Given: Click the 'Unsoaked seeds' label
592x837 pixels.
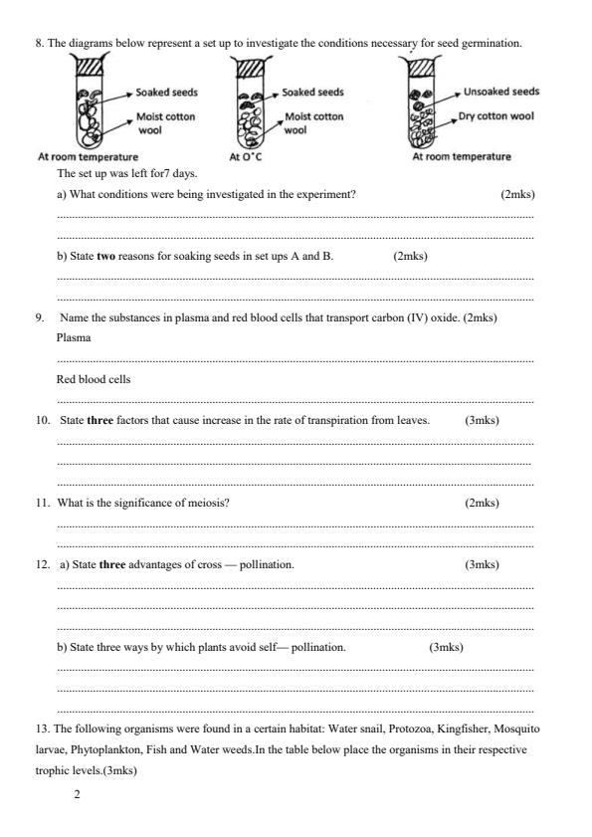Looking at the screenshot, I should pos(501,92).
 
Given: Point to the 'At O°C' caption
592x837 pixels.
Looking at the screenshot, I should pos(245,157).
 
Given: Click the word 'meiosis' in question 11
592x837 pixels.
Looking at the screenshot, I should pos(208,503).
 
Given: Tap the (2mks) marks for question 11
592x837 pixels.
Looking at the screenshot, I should pos(482,503).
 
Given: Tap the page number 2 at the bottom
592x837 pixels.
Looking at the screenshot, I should pos(78,795).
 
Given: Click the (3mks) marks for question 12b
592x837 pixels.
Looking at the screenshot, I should pos(446,647).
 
